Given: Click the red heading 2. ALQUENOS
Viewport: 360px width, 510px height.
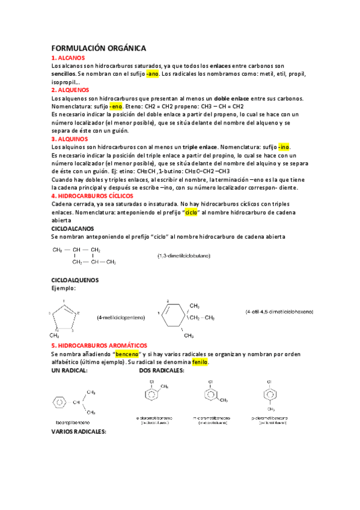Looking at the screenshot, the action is coord(71,90).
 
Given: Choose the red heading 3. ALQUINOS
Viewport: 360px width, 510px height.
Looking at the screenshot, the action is coord(70,138).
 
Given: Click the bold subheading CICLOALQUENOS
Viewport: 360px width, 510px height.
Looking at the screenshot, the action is coord(75,280).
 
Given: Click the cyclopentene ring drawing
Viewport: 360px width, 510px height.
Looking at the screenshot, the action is coord(63,315).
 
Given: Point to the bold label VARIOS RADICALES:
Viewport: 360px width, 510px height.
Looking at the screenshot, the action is coord(79,432).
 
